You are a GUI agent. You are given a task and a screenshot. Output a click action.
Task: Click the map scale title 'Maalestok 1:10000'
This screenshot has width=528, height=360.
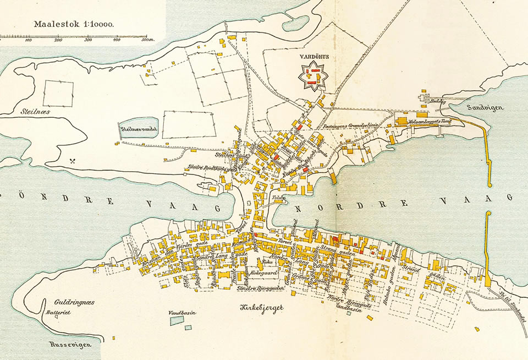point(74,24)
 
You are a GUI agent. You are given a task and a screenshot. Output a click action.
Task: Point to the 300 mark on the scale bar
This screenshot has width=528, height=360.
point(87,40)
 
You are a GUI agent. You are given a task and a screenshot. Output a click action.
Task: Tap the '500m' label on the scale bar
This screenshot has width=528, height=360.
point(146,40)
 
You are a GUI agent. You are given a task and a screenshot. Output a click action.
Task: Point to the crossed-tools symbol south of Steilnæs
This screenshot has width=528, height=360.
point(73,161)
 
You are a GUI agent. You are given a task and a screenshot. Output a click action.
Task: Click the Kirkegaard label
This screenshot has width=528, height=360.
point(262,272)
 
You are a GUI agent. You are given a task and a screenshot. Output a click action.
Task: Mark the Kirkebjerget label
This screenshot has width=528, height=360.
point(262,308)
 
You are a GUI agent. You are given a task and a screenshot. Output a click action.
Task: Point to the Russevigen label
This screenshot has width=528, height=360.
point(67,345)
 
